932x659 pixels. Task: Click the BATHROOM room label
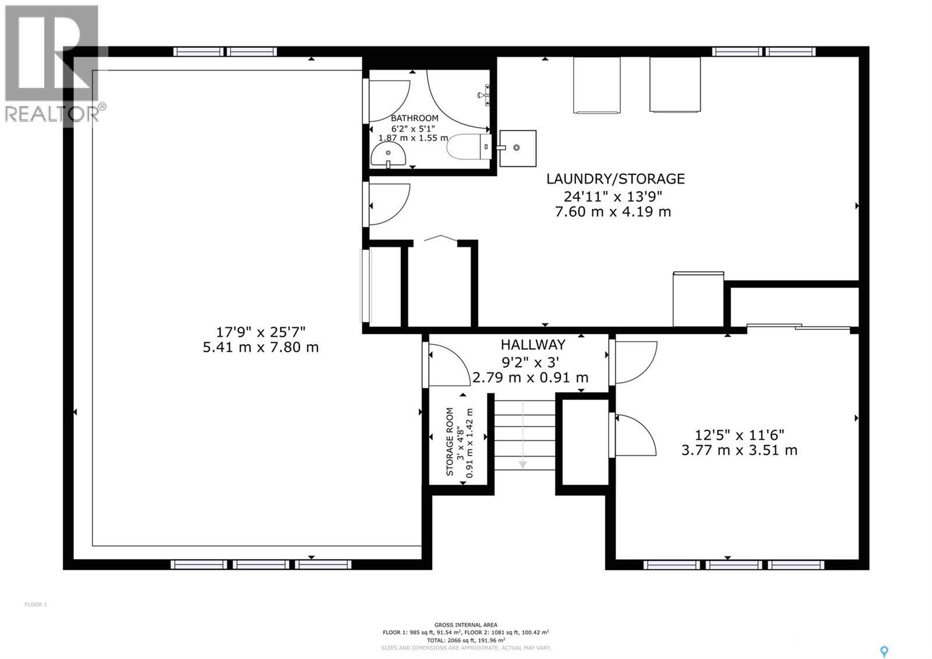(x=414, y=118)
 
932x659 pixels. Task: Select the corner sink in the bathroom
(x=388, y=156)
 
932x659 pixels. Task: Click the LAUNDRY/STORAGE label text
(x=615, y=179)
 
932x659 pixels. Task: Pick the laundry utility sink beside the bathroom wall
(x=517, y=148)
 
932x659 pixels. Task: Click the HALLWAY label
(x=532, y=345)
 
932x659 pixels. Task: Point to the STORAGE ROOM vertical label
(x=450, y=441)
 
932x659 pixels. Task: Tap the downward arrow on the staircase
(x=523, y=463)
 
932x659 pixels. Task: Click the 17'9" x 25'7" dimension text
(x=260, y=332)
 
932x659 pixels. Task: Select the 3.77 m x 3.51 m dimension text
(x=739, y=450)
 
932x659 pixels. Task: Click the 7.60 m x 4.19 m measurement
(x=613, y=212)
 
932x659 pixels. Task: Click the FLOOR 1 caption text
(x=36, y=605)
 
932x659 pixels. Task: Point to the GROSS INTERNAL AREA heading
(x=465, y=625)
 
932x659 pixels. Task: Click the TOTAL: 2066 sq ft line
(x=465, y=640)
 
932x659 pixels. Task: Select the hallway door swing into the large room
(x=447, y=365)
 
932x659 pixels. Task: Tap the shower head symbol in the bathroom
(x=483, y=94)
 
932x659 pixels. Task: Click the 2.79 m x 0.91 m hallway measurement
(x=530, y=378)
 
